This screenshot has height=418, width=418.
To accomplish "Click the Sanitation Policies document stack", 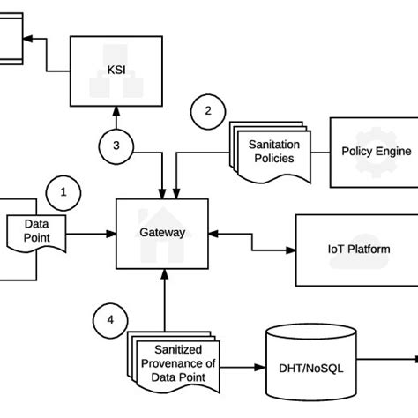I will (272, 152).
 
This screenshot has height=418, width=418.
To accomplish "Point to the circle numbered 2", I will (207, 112).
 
